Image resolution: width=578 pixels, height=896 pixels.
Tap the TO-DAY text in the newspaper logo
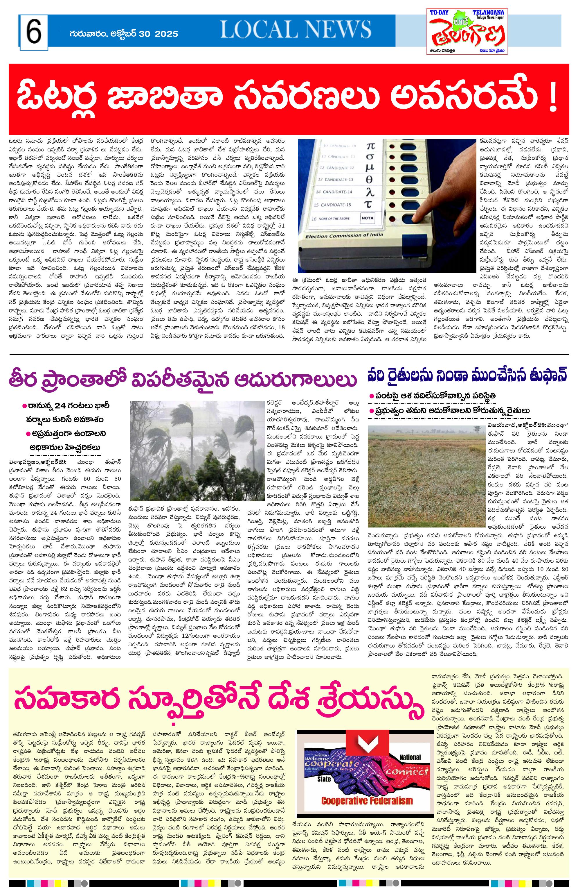(x=439, y=13)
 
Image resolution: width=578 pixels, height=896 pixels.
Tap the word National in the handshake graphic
(x=410, y=757)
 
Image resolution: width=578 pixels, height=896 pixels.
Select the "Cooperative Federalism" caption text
(x=367, y=801)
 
